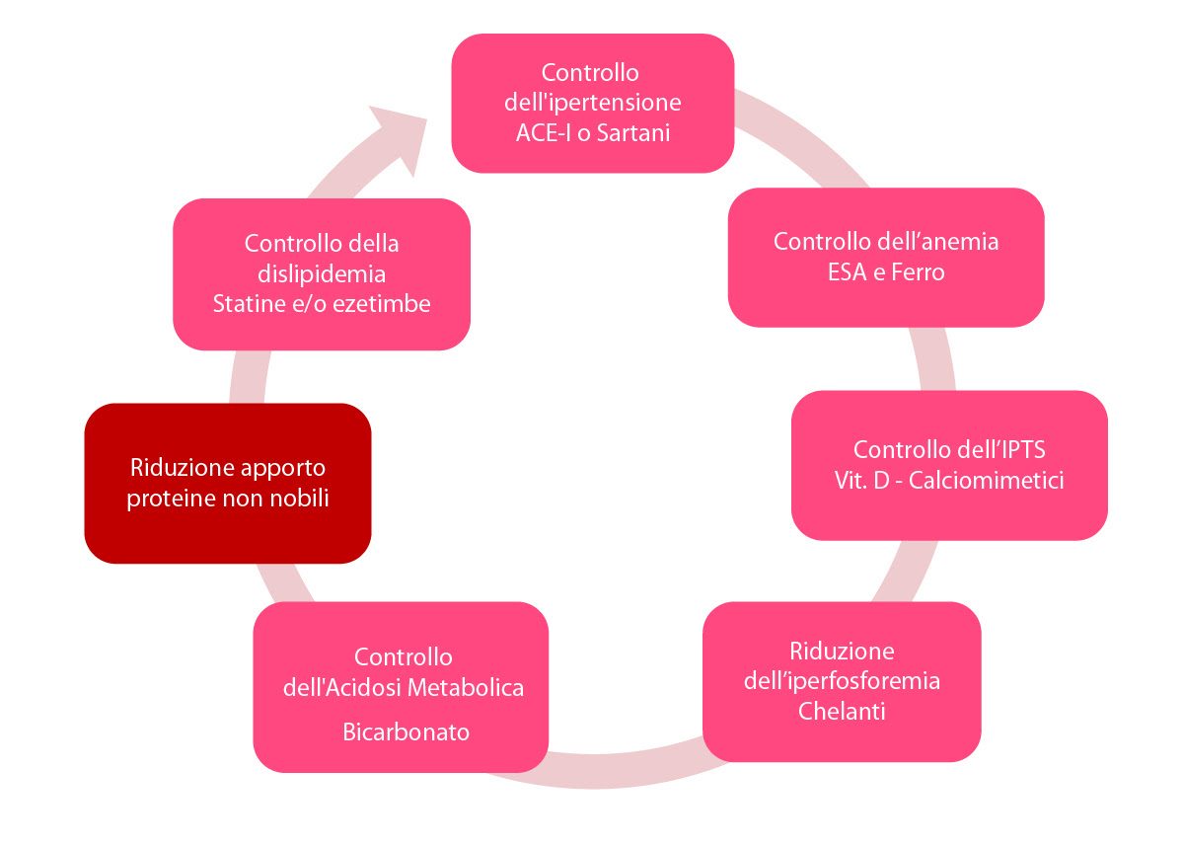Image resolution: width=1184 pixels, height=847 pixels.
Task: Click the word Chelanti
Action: (842, 711)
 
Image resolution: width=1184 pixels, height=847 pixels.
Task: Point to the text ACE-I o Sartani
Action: (593, 132)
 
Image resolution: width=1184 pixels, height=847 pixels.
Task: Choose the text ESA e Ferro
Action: (886, 271)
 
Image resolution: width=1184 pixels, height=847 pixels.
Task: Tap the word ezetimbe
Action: (380, 303)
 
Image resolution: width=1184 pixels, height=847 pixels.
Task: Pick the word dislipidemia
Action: (322, 273)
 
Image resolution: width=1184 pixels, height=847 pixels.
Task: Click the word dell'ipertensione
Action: (593, 103)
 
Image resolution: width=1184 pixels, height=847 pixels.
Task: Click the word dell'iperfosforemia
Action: (842, 681)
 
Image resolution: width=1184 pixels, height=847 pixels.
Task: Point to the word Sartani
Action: (631, 132)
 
